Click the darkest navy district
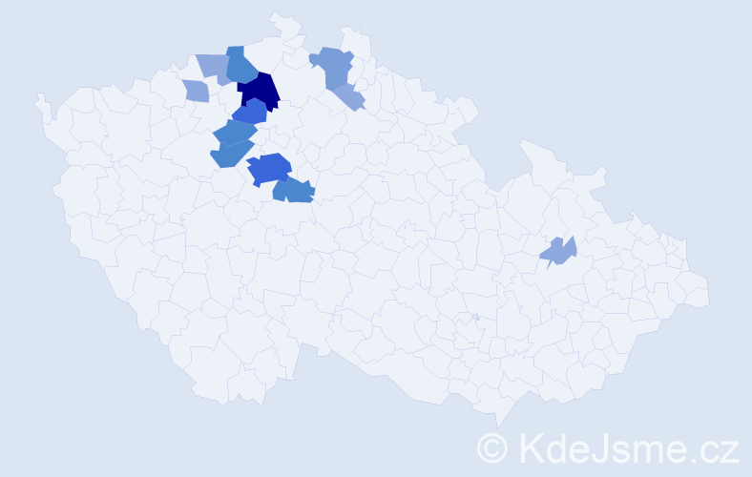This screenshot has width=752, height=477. click(x=259, y=91)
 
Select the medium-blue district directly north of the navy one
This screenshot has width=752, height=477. click(x=240, y=65)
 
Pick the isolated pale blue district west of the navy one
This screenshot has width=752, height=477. click(x=196, y=91)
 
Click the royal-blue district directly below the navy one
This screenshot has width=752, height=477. click(x=250, y=113)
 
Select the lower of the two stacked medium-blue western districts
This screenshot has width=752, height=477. click(x=231, y=153)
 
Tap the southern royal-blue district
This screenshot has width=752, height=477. click(x=269, y=168)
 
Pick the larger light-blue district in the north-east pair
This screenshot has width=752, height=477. click(x=332, y=67)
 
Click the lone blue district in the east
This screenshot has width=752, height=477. click(x=559, y=251)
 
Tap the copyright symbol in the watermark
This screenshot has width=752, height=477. click(x=493, y=446)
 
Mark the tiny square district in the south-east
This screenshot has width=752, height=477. click(x=475, y=317)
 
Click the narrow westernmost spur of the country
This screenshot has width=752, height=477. click(x=40, y=99)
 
